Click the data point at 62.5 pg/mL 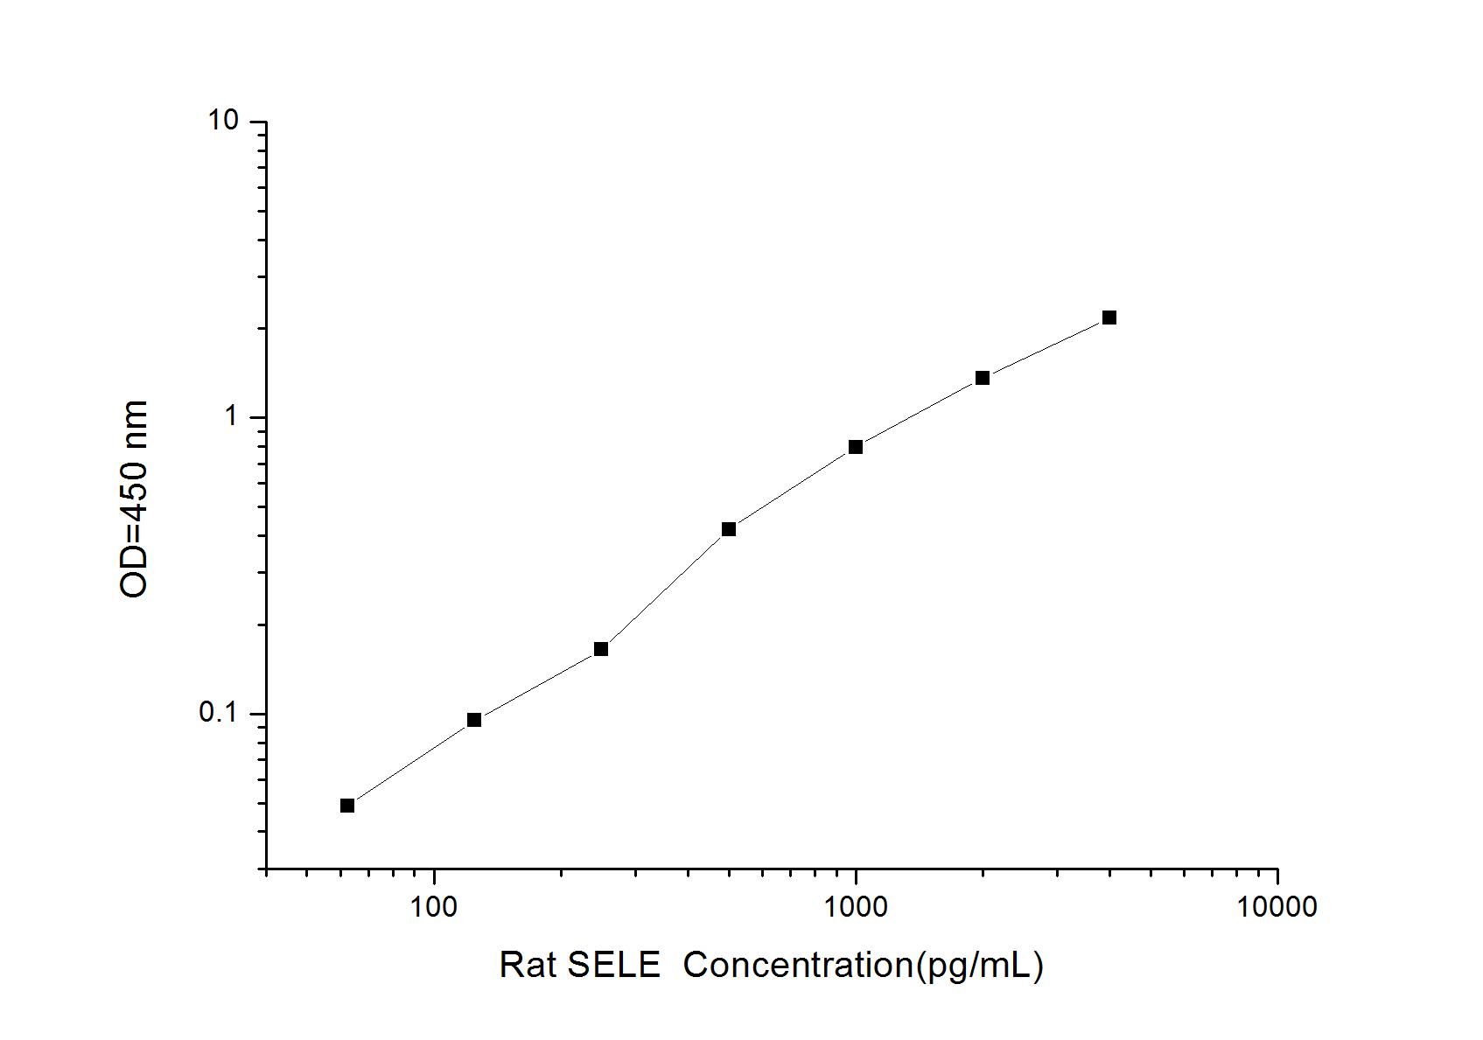(x=347, y=806)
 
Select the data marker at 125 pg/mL (x=474, y=720)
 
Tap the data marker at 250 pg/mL (x=601, y=649)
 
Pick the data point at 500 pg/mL (x=729, y=529)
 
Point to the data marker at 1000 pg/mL (x=856, y=447)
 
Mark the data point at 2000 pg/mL (x=983, y=378)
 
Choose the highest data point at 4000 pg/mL (x=1109, y=318)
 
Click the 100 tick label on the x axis (x=434, y=907)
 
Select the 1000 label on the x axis (x=855, y=907)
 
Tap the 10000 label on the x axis (x=1277, y=907)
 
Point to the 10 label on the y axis (x=223, y=121)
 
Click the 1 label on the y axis (x=231, y=416)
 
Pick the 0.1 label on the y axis (x=219, y=713)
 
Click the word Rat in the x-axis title (x=527, y=966)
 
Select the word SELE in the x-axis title (x=613, y=966)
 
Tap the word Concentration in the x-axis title (x=798, y=966)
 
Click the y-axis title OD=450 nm (x=134, y=499)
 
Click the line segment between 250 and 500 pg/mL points (x=665, y=589)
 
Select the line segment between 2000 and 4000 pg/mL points (x=1046, y=347)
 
